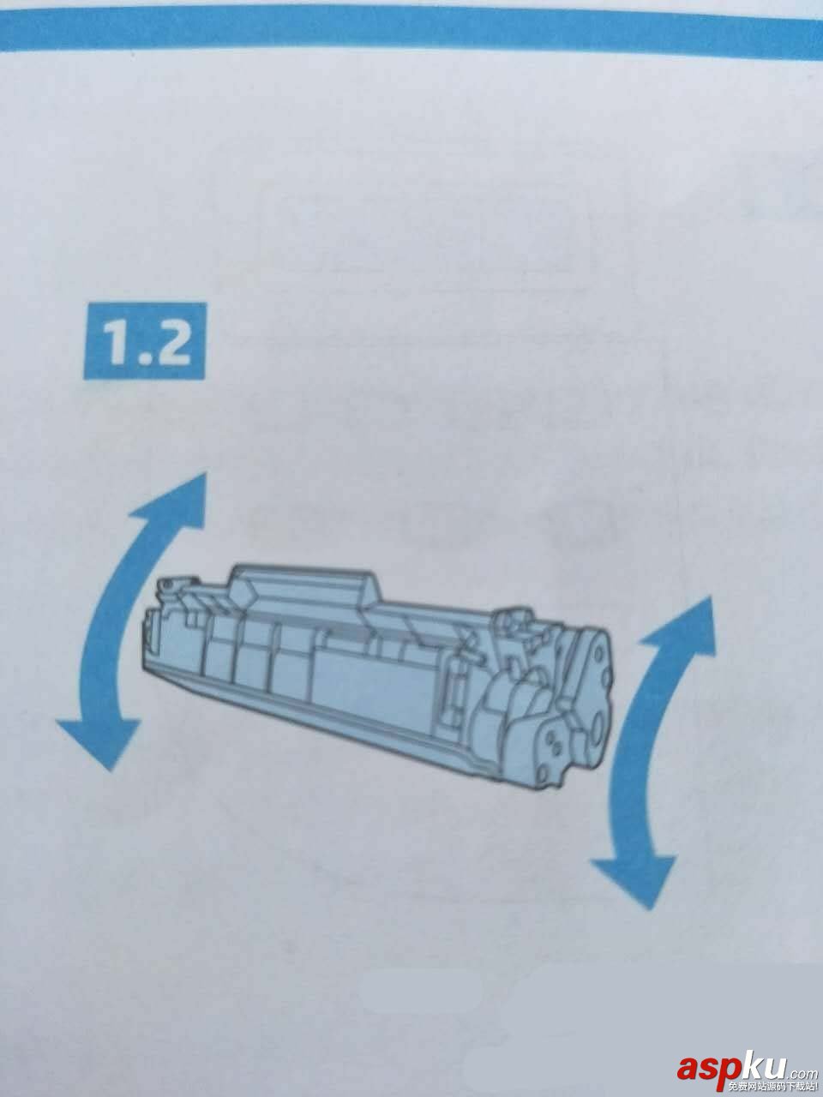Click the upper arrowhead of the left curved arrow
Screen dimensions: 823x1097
[x=175, y=501]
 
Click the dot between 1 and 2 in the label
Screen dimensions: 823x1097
[x=143, y=358]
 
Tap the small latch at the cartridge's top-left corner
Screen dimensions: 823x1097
[x=166, y=584]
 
